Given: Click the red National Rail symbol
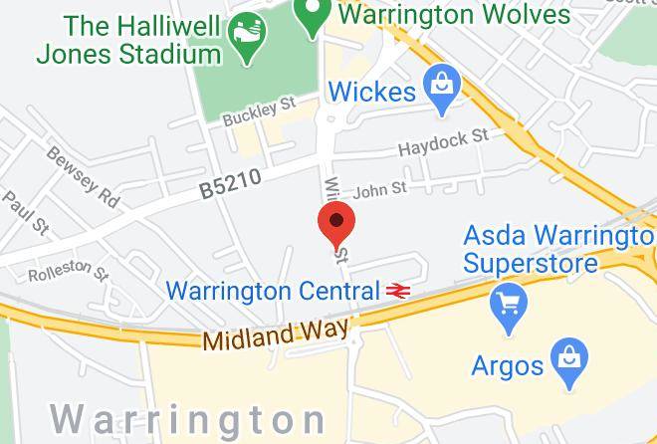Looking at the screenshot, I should (399, 292).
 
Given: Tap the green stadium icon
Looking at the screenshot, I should (243, 39).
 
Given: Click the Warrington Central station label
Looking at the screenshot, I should (273, 292).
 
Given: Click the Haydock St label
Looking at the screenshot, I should (444, 143).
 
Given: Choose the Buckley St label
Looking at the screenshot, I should (260, 110).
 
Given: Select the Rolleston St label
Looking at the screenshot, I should (67, 271).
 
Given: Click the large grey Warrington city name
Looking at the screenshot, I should (188, 418).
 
